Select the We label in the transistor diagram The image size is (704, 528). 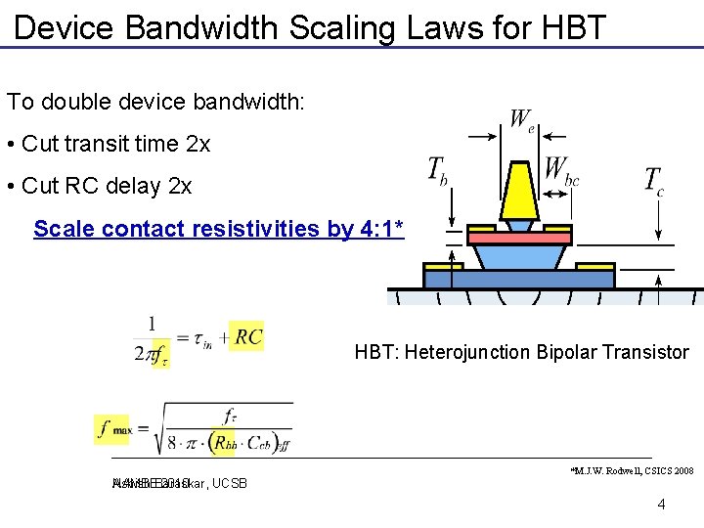[522, 120]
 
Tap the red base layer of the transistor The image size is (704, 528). [519, 237]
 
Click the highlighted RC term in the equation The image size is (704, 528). [248, 337]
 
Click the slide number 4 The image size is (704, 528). [662, 505]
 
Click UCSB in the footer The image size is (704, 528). [229, 483]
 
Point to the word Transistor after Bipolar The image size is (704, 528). [644, 352]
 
